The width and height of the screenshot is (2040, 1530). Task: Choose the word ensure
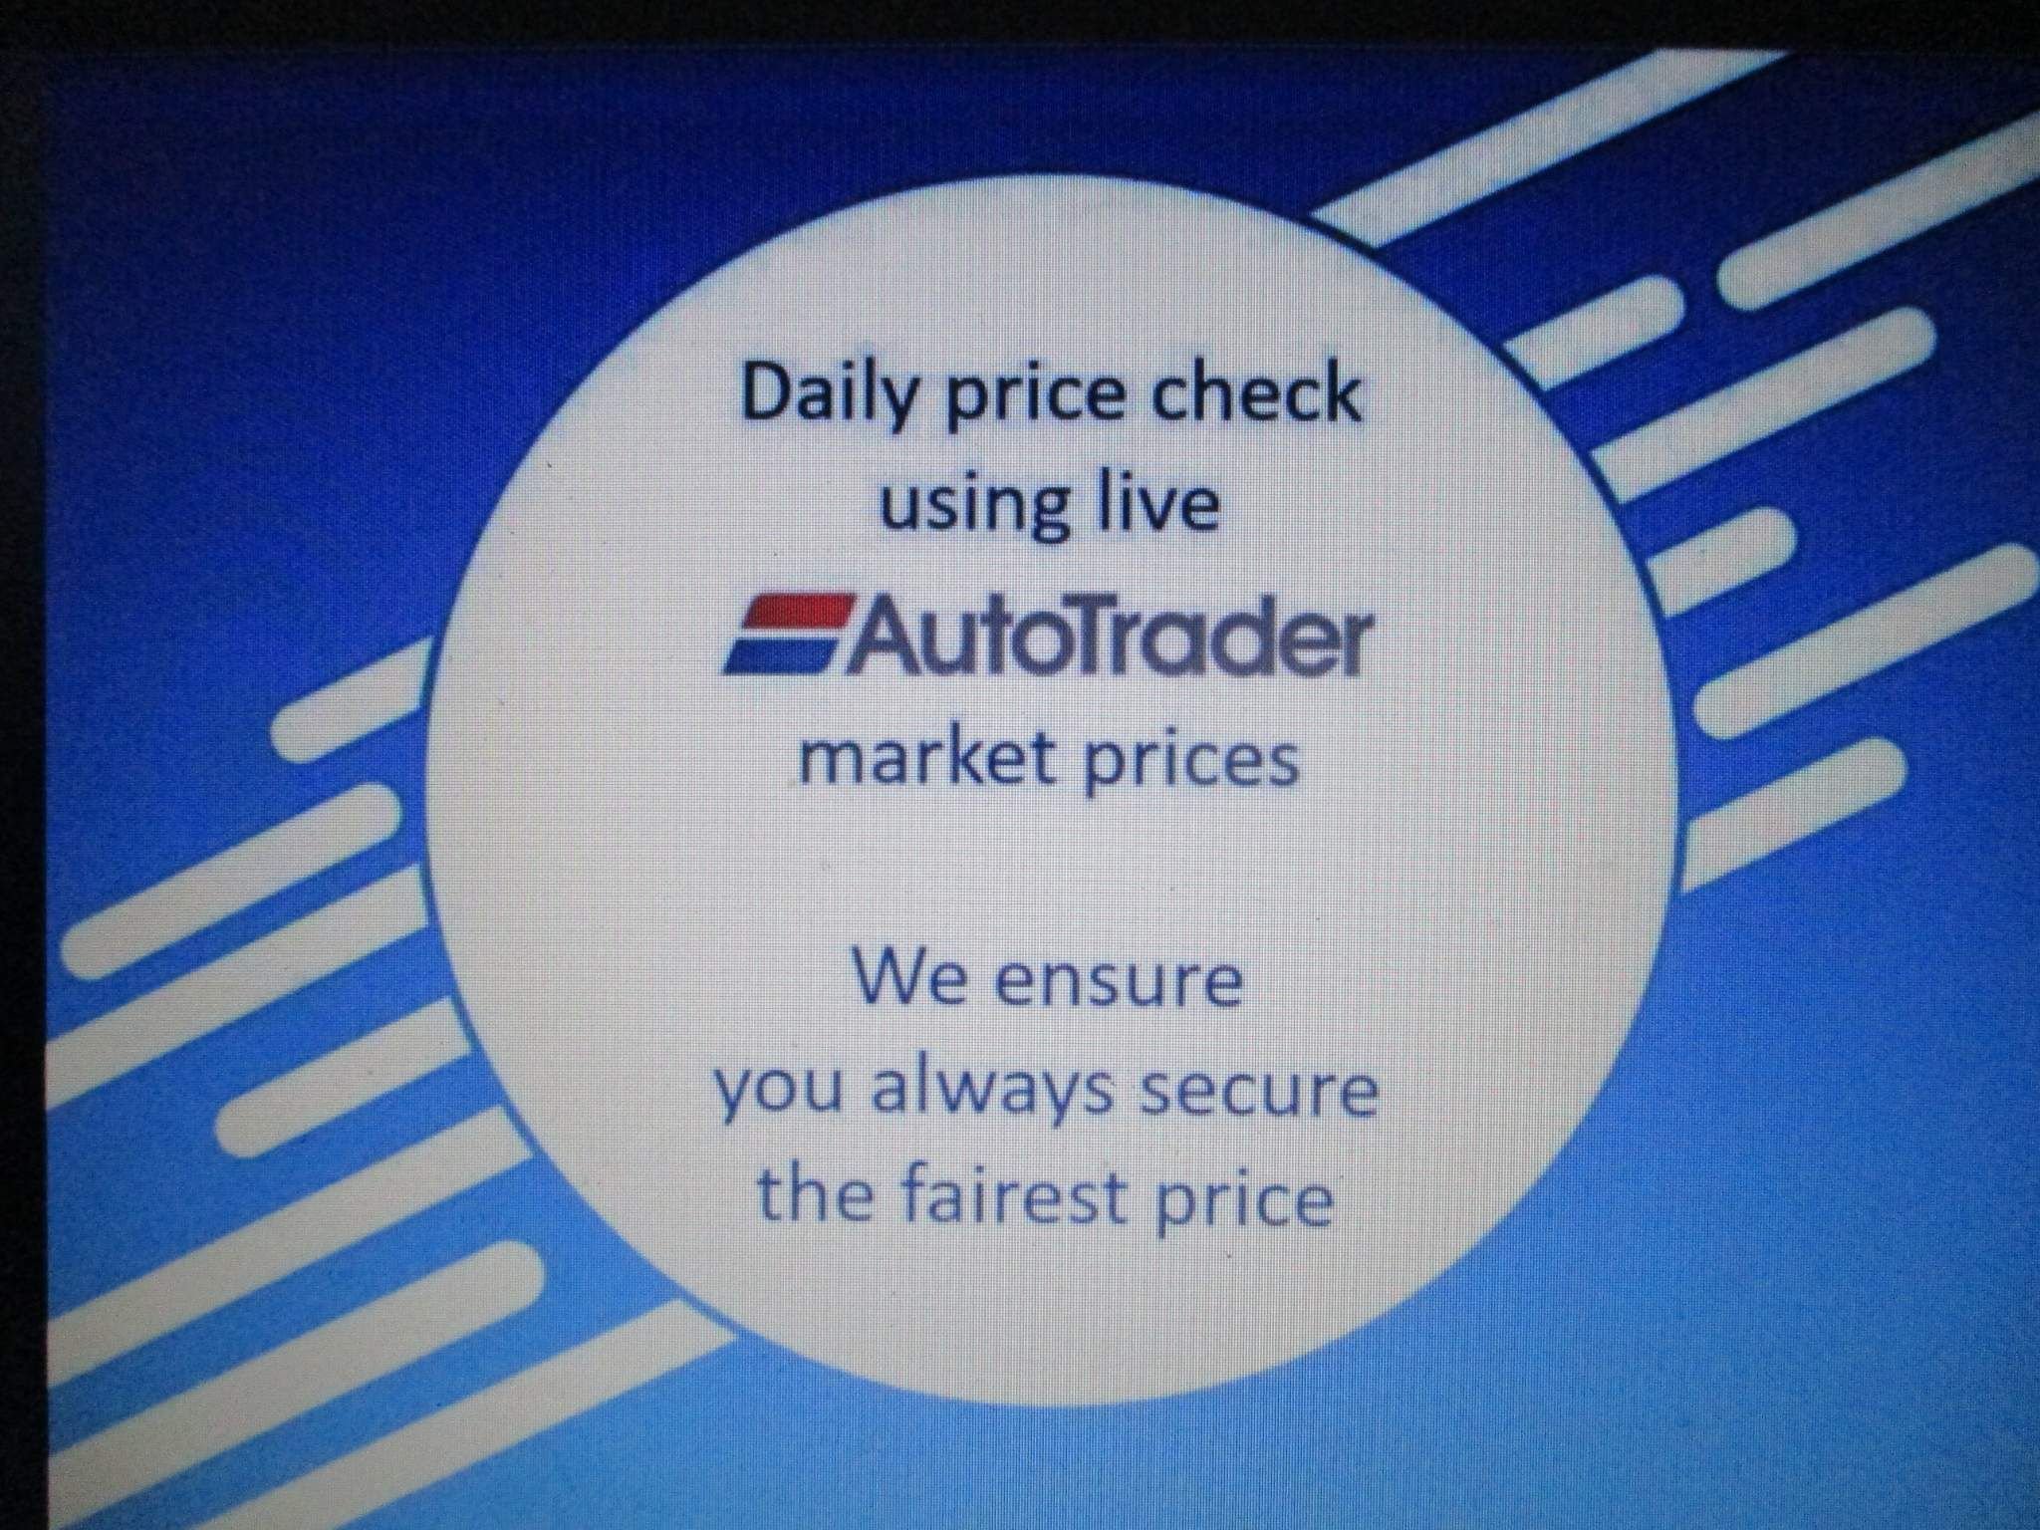click(1120, 980)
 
